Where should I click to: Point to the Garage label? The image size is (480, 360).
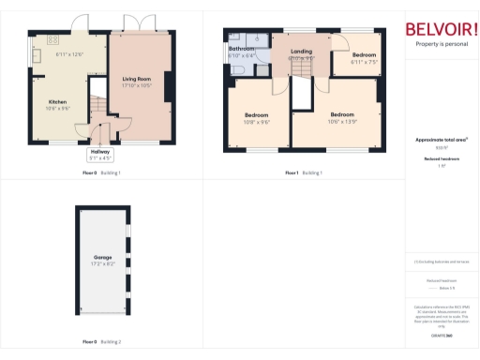tap(102, 256)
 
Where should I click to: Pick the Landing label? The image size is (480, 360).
tap(301, 52)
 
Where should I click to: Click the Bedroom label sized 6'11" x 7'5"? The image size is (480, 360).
tap(364, 55)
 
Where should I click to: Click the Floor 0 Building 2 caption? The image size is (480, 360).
tap(101, 341)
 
